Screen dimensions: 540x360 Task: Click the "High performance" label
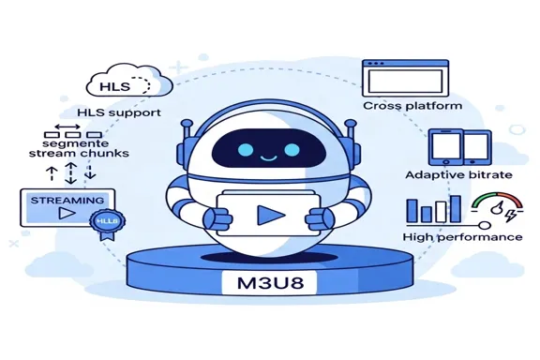pos(462,236)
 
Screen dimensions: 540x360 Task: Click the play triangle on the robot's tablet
pos(270,214)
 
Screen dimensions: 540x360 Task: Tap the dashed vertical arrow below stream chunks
pos(68,172)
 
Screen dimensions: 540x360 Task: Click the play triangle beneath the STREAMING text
pos(63,215)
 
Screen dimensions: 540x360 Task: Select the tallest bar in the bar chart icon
pos(455,207)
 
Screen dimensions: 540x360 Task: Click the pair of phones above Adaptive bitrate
pos(459,148)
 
